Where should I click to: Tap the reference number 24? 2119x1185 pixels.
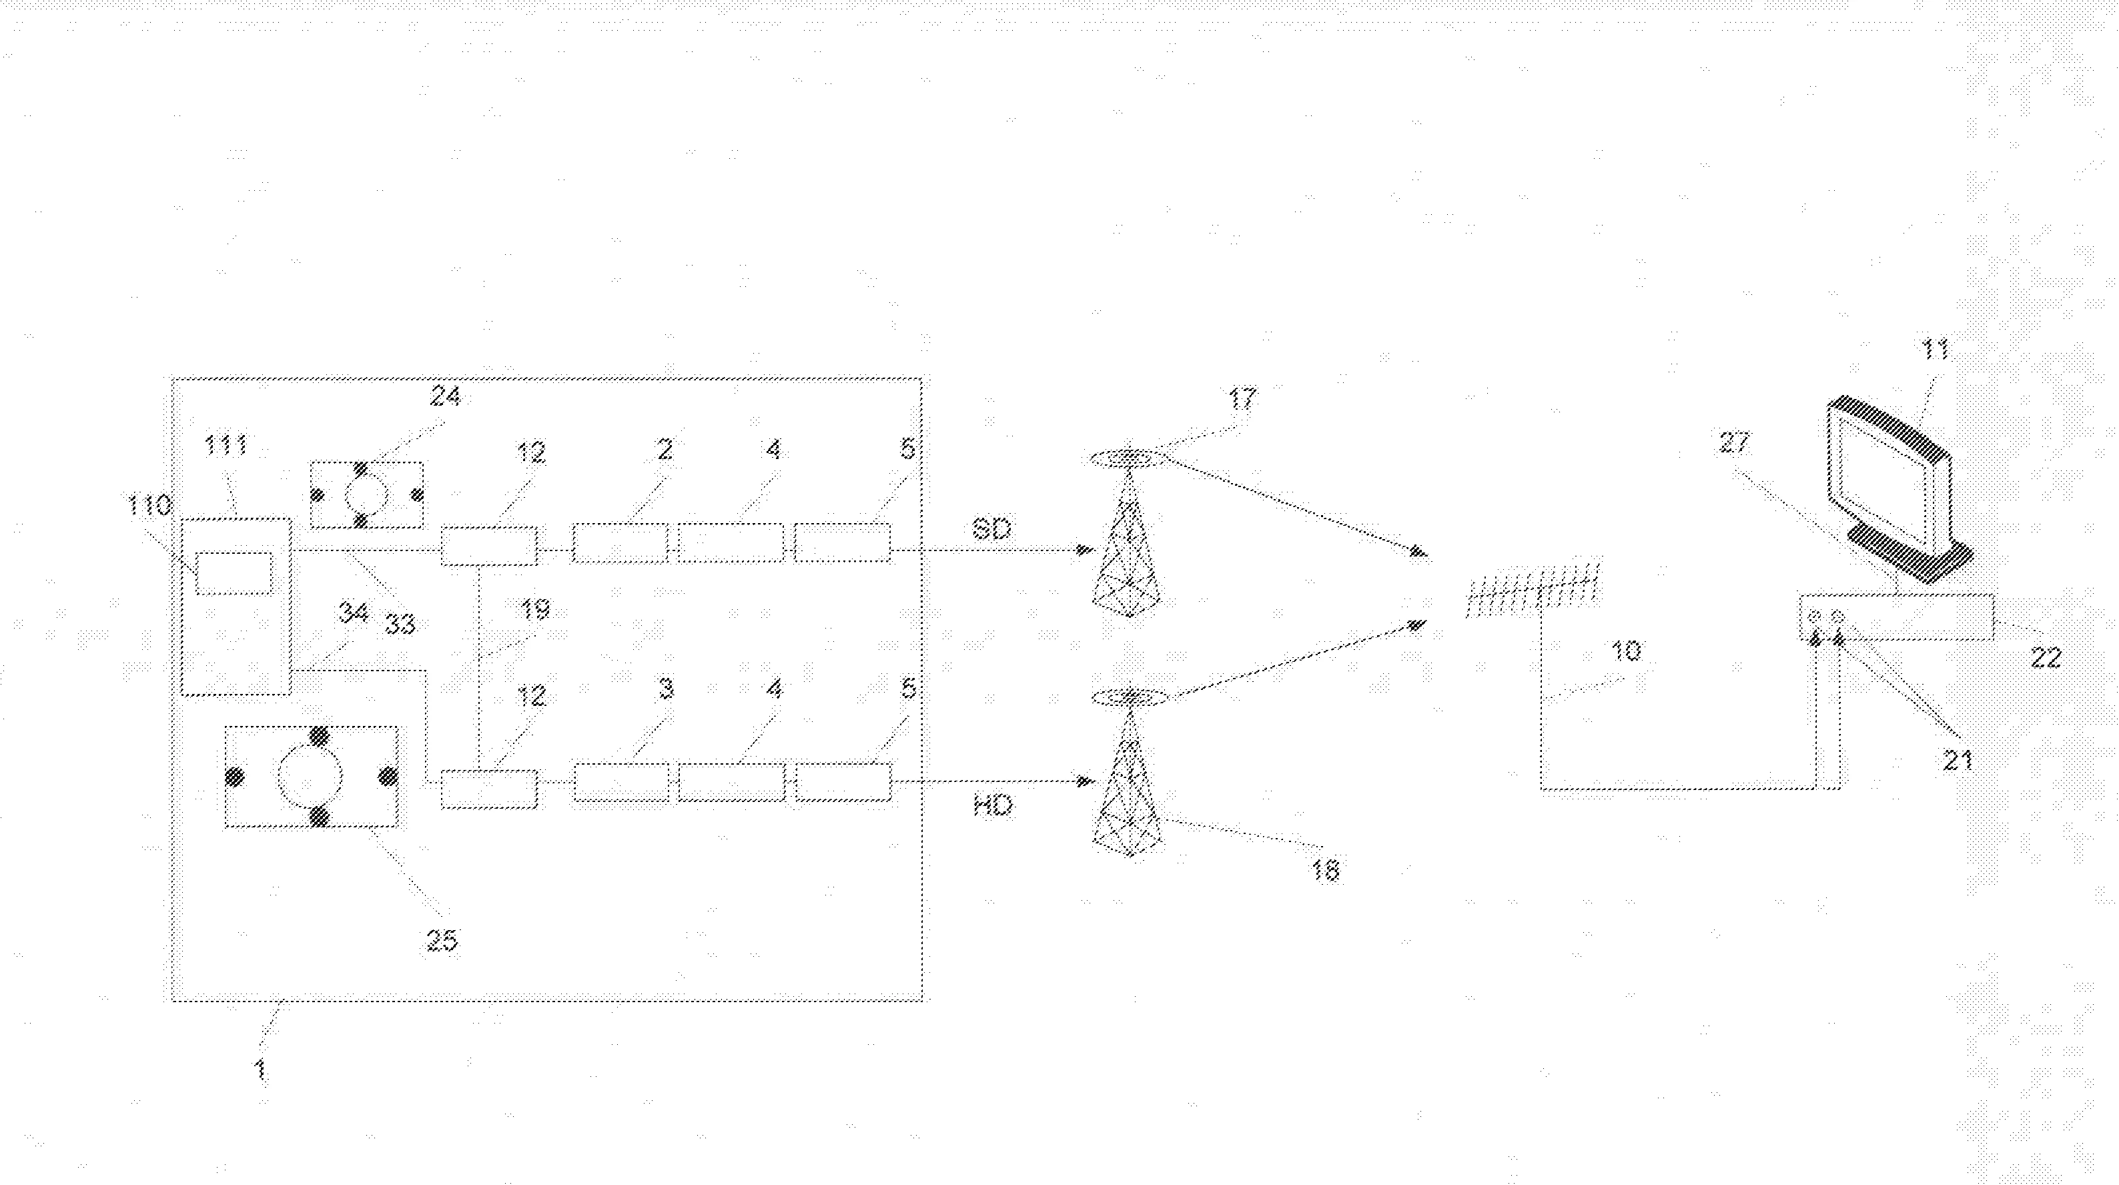(x=445, y=396)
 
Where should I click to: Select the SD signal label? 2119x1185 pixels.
(x=992, y=529)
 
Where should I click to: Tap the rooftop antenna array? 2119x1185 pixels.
(x=1533, y=590)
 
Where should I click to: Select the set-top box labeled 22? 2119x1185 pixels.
(x=1897, y=617)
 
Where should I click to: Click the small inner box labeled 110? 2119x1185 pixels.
(x=234, y=574)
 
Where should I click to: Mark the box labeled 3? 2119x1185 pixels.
(x=621, y=783)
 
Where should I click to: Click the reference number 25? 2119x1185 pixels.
(x=442, y=939)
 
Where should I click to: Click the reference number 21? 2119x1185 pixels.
(x=1958, y=759)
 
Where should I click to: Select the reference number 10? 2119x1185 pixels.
(x=1626, y=651)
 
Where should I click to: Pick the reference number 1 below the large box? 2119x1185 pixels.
(x=260, y=1070)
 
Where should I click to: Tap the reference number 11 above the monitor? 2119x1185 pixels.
(x=1935, y=350)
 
